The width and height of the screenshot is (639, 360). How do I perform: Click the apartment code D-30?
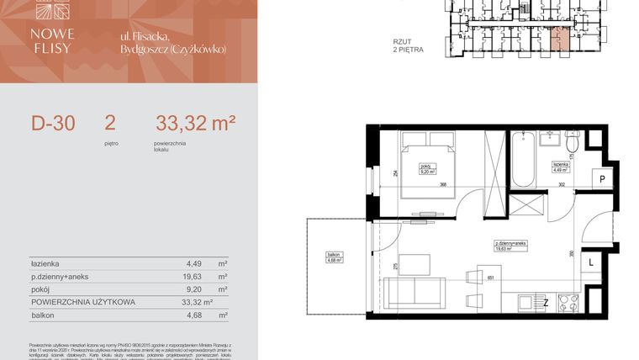(x=53, y=124)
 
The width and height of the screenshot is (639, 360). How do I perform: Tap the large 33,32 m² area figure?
(x=195, y=124)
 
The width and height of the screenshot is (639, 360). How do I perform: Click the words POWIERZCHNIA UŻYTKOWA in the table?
(x=79, y=301)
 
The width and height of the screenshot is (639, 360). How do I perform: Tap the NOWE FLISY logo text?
(x=53, y=40)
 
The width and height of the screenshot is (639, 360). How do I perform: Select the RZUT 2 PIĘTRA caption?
(x=408, y=45)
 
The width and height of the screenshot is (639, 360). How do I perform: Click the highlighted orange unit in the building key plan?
(x=559, y=38)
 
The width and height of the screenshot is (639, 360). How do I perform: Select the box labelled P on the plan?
(x=602, y=180)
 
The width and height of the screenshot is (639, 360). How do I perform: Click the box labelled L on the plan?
(x=592, y=262)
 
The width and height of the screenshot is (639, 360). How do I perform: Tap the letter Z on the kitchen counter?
(x=546, y=301)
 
